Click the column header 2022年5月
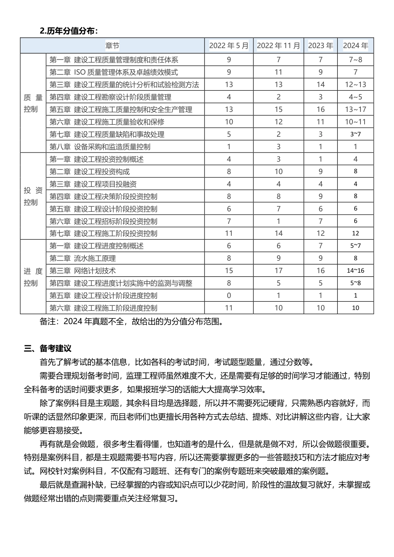point(229,46)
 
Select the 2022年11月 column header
point(278,46)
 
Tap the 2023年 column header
point(320,46)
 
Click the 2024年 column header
point(355,46)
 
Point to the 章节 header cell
point(112,46)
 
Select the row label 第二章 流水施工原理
point(83,258)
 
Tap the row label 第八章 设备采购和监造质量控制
point(100,147)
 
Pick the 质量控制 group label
point(33,103)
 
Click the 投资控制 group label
point(33,196)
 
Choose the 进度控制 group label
point(33,277)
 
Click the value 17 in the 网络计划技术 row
point(278,271)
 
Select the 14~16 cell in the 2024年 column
point(355,271)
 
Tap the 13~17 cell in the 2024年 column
point(355,109)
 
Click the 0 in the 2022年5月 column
point(229,295)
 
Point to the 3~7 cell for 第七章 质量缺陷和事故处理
point(355,134)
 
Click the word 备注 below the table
point(48,322)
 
